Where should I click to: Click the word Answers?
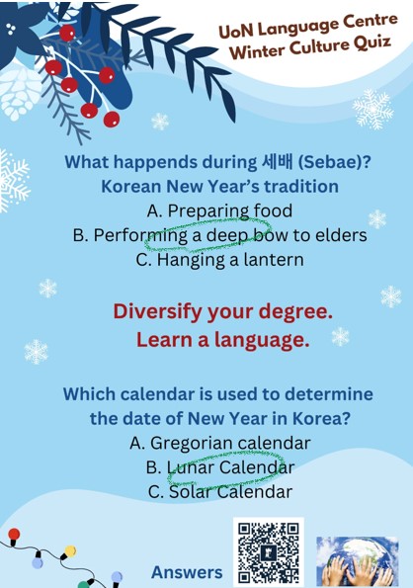[x=187, y=572]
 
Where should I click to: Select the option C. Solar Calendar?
[x=219, y=491]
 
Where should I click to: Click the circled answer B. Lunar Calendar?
[x=219, y=466]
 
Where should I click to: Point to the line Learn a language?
[x=222, y=341]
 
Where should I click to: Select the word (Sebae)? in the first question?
[x=325, y=162]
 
